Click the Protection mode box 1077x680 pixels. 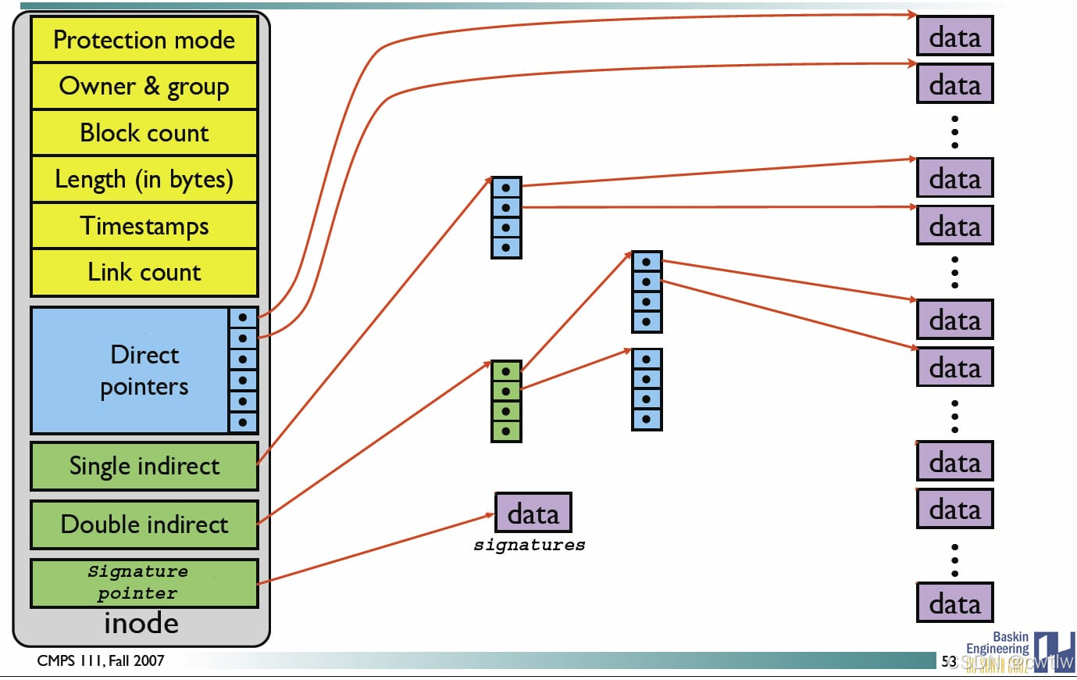[144, 40]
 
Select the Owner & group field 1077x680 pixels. [144, 86]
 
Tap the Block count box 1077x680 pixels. [144, 133]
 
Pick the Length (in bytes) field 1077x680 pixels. [144, 180]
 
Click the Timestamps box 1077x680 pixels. [144, 226]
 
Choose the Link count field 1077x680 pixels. [144, 272]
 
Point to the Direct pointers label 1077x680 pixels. [144, 370]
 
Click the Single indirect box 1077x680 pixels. [144, 466]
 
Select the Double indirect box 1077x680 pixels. [144, 524]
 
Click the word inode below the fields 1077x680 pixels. [141, 624]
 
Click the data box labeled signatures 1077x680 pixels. [533, 514]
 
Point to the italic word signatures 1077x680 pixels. [530, 546]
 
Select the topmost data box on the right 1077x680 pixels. [954, 37]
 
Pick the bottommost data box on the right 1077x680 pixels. [954, 603]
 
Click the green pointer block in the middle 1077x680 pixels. [506, 401]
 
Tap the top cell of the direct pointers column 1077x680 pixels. [243, 317]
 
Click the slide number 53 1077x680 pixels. [948, 661]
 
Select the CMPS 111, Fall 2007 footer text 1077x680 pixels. [101, 660]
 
